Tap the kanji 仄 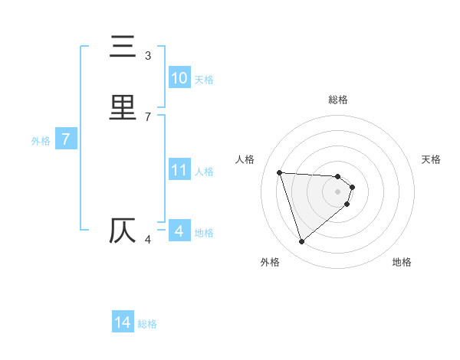[x=123, y=231]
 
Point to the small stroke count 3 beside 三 [x=148, y=56]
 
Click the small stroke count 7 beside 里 [x=148, y=116]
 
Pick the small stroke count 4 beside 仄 [x=148, y=240]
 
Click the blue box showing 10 [x=179, y=78]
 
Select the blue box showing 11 [x=179, y=170]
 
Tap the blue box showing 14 [x=123, y=322]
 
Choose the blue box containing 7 [x=66, y=139]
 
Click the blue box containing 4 [x=179, y=231]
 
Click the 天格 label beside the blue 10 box [x=204, y=80]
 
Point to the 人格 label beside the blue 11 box [x=204, y=172]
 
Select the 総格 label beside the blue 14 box [x=147, y=324]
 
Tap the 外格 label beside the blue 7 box [x=41, y=141]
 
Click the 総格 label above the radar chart [x=338, y=100]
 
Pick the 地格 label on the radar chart [x=402, y=262]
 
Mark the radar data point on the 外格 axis [x=302, y=242]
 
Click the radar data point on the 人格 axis [x=280, y=172]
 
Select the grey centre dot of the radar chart [x=338, y=191]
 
